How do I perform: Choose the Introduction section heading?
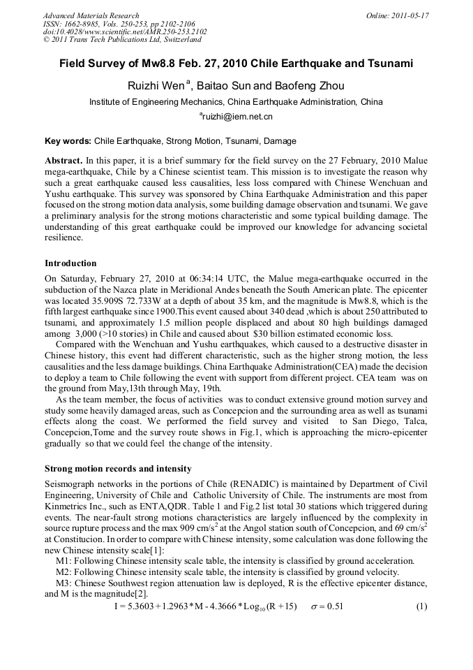pos(70,263)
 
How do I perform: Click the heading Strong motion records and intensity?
pos(118,468)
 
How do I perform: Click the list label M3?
pos(64,583)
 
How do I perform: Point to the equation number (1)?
pos(421,606)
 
